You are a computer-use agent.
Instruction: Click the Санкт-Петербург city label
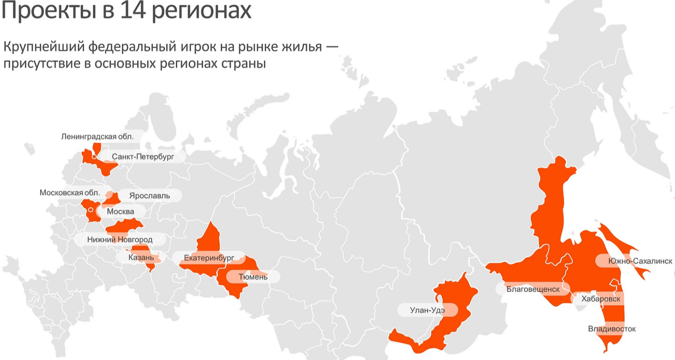143,157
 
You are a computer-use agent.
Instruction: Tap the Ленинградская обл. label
97,136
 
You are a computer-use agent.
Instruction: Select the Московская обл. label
69,193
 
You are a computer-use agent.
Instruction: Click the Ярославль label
149,196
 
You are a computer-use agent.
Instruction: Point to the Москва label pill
121,211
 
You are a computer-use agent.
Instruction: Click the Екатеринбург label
209,258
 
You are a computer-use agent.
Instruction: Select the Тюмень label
253,277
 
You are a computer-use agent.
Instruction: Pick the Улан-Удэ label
427,310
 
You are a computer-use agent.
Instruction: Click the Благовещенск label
533,289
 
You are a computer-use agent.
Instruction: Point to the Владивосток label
612,329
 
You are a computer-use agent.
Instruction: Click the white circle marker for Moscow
90,210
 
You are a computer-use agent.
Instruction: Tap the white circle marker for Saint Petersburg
94,157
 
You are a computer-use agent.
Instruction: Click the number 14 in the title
134,11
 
